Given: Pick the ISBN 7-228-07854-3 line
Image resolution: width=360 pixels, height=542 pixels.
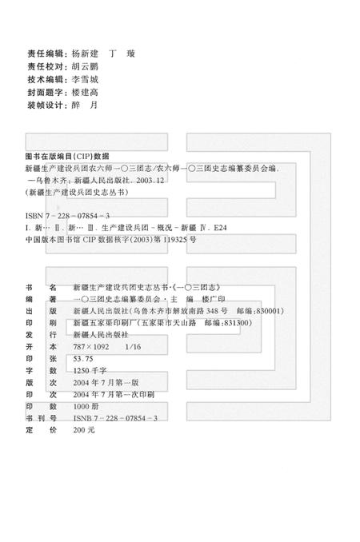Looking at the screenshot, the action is click(x=67, y=217).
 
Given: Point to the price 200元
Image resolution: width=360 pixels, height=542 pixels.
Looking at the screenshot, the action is click(x=83, y=430).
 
